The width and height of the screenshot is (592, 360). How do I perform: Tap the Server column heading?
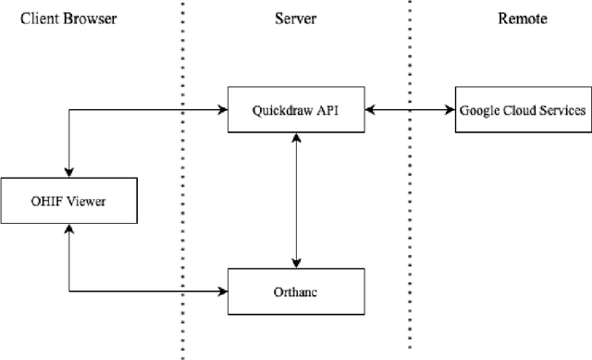point(295,18)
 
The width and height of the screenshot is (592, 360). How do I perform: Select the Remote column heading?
point(521,18)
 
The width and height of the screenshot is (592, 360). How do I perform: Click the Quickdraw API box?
point(295,110)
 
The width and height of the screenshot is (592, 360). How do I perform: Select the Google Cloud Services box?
point(523,110)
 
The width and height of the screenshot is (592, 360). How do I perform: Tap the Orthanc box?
point(295,292)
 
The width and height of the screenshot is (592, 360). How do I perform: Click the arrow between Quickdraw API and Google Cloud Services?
point(408,110)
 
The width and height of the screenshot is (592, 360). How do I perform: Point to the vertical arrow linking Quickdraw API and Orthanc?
point(295,199)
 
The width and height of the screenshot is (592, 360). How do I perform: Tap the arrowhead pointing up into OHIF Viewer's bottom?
point(68,227)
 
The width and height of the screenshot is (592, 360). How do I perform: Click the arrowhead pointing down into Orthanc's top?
point(295,263)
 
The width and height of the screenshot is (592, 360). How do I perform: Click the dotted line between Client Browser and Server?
point(181,185)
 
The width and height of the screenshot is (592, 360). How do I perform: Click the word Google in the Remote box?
point(478,110)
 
